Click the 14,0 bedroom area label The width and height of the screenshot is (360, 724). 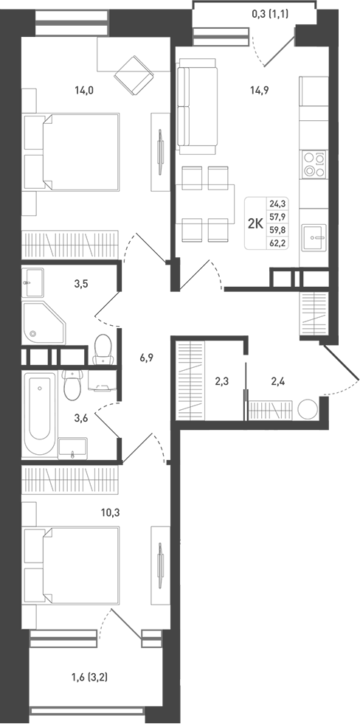[83, 91]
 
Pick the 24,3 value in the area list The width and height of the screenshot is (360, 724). [279, 203]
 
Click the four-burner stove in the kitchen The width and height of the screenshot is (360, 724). [314, 164]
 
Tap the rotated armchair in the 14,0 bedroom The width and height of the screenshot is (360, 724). [133, 72]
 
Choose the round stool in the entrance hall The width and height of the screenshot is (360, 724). [307, 408]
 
